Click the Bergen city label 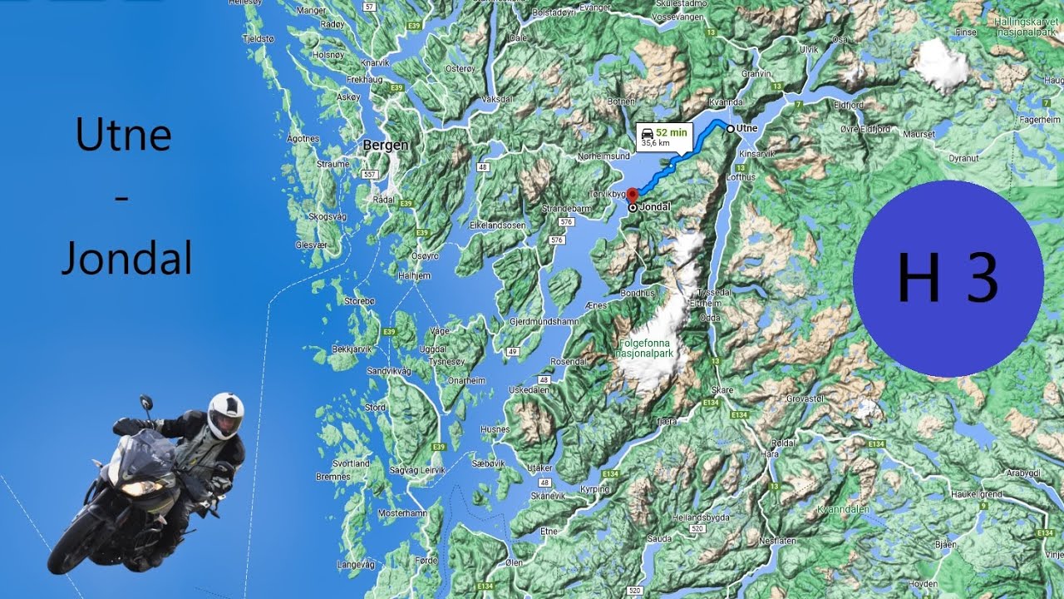pyautogui.click(x=386, y=146)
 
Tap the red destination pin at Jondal pyautogui.click(x=631, y=194)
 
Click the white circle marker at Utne pyautogui.click(x=730, y=128)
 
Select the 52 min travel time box pyautogui.click(x=664, y=136)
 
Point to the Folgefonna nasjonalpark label pyautogui.click(x=647, y=348)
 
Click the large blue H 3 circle pyautogui.click(x=948, y=277)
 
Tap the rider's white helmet pyautogui.click(x=225, y=413)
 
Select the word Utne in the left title pyautogui.click(x=123, y=134)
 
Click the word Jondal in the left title pyautogui.click(x=126, y=260)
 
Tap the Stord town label pyautogui.click(x=375, y=408)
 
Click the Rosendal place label pyautogui.click(x=569, y=362)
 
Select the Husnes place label pyautogui.click(x=495, y=429)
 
